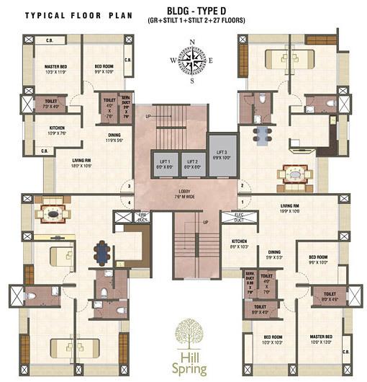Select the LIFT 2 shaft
(x=191, y=165)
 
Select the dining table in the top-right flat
(x=262, y=134)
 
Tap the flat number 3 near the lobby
(x=130, y=187)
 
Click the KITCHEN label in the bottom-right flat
(x=240, y=242)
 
